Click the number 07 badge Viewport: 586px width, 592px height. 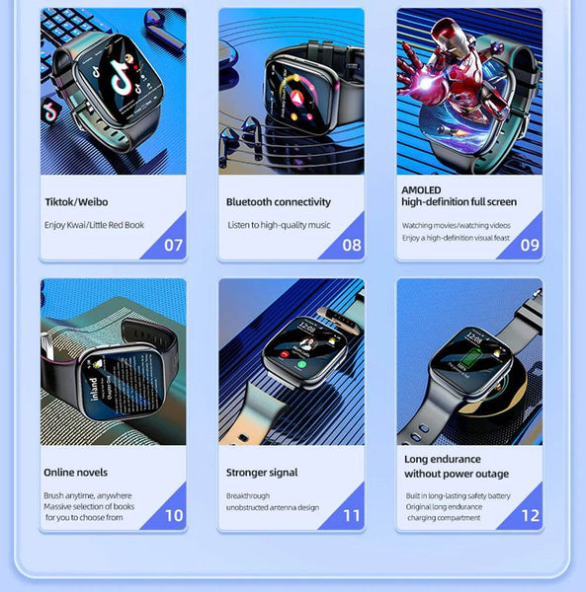tap(173, 245)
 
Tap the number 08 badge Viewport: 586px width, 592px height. tap(352, 245)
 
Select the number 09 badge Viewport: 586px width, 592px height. tap(530, 245)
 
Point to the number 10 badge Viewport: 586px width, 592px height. tap(173, 515)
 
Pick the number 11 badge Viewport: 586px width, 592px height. tap(352, 515)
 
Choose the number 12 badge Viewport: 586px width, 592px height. tap(530, 515)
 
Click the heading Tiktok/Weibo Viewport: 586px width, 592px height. tap(77, 202)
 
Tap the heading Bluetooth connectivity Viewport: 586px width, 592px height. tap(279, 202)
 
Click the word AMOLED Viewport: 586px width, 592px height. tap(421, 189)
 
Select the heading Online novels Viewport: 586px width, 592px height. tap(76, 473)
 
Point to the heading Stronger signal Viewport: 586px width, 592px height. tap(262, 473)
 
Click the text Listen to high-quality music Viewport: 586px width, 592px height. tap(278, 225)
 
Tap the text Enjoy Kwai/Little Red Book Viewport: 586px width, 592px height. tap(94, 225)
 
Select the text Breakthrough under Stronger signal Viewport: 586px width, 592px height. tap(247, 496)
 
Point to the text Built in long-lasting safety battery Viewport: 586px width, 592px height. tap(458, 495)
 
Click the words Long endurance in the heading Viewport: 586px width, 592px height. tap(443, 459)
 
